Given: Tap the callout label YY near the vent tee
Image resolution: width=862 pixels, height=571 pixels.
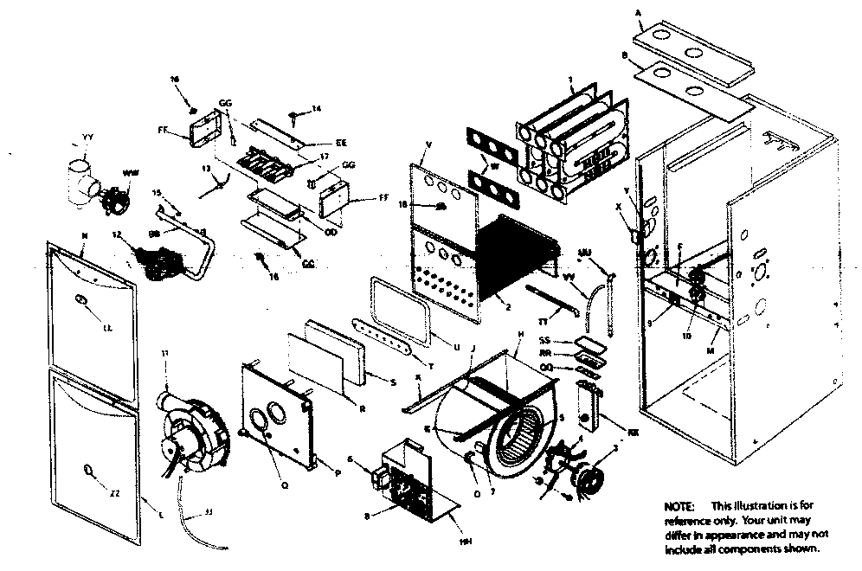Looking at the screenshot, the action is (x=87, y=137).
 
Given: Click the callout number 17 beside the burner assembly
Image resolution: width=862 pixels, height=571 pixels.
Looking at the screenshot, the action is (x=299, y=157).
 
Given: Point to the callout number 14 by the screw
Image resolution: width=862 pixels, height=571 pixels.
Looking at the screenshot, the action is (x=316, y=109).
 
